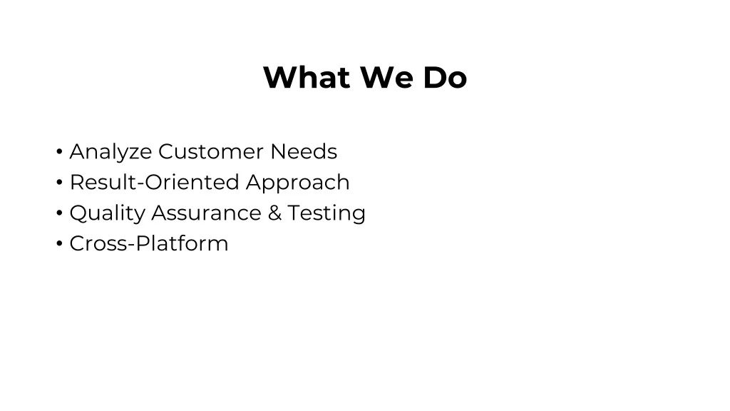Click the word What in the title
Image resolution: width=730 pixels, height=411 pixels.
click(307, 77)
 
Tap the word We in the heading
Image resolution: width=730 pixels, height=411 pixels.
click(386, 77)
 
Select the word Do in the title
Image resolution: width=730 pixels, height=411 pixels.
click(445, 77)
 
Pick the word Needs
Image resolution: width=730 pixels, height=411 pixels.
click(304, 151)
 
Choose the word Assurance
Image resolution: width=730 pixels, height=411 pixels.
click(206, 213)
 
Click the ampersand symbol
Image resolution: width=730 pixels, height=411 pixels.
click(274, 213)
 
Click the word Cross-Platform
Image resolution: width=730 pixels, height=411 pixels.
click(149, 244)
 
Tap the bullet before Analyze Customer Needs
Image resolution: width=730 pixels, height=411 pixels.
click(59, 151)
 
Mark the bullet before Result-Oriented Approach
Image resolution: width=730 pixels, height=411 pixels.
click(59, 182)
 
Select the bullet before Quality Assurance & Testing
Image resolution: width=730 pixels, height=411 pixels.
click(59, 213)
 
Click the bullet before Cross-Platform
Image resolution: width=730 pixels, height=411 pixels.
click(59, 244)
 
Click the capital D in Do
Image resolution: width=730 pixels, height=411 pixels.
click(434, 77)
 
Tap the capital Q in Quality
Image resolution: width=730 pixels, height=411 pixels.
click(80, 213)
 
